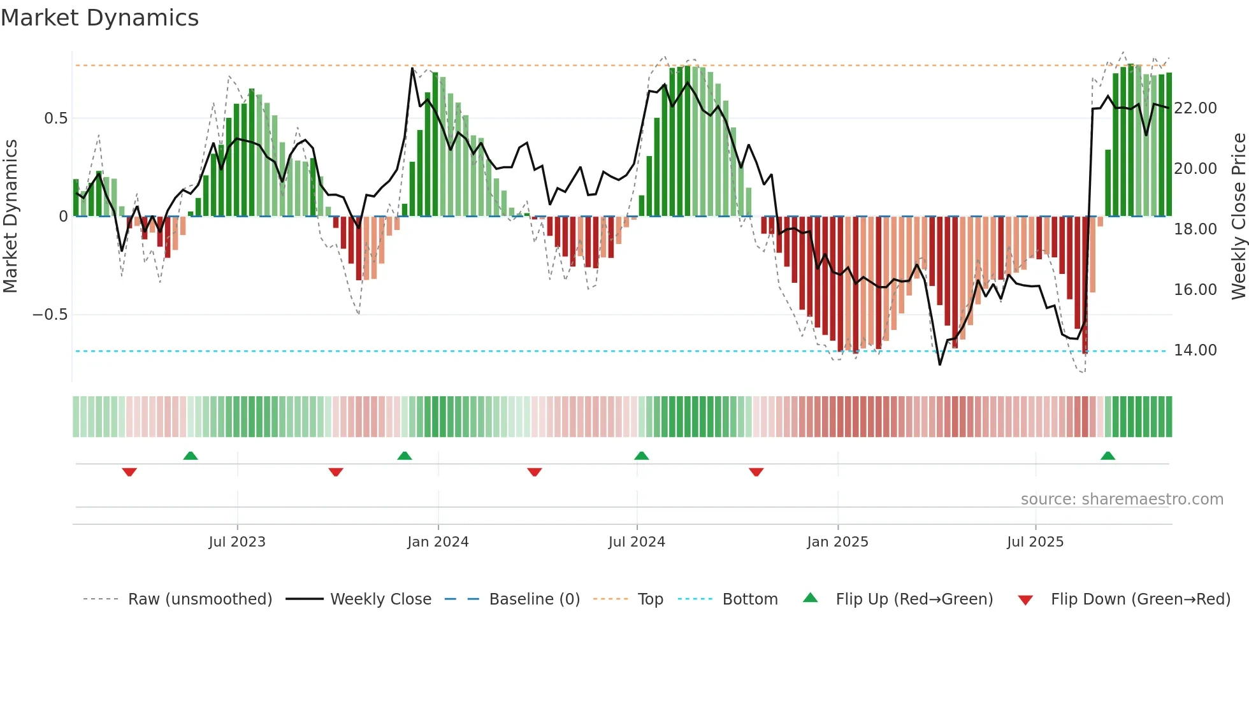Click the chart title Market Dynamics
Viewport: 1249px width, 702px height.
tap(100, 18)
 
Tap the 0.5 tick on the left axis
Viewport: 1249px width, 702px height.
tap(55, 118)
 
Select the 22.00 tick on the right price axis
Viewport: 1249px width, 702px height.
tap(1195, 108)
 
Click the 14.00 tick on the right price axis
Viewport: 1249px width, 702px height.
tap(1195, 350)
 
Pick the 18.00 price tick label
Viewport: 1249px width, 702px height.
tap(1195, 229)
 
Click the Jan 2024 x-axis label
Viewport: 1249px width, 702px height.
tap(438, 542)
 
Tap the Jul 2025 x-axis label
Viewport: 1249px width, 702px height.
tap(1035, 542)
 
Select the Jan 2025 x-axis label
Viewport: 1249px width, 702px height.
tap(837, 542)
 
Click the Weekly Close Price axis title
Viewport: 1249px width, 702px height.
tap(1238, 217)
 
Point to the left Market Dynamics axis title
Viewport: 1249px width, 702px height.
tap(10, 217)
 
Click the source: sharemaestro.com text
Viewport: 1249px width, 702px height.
tap(1122, 499)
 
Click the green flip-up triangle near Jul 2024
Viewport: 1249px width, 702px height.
tap(642, 455)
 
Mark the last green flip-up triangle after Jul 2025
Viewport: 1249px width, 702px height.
tap(1108, 455)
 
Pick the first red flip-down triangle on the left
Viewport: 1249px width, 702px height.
tap(129, 472)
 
